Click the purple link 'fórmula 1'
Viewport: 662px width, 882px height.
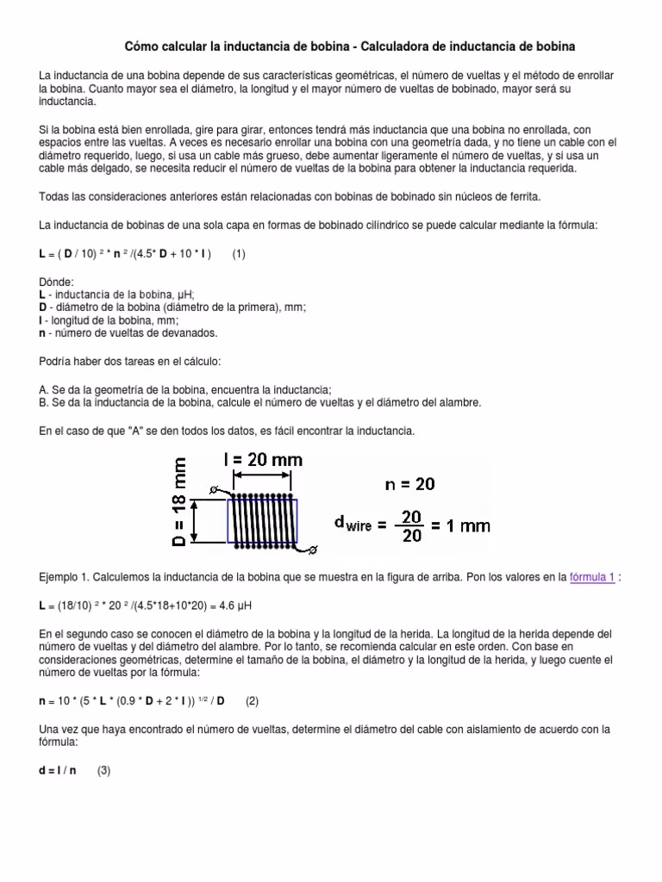click(592, 577)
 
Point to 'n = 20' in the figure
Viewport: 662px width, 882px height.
click(410, 484)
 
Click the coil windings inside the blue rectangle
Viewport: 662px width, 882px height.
click(262, 521)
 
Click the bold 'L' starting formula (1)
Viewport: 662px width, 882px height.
click(43, 255)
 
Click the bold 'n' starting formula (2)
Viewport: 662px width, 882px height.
click(43, 700)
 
